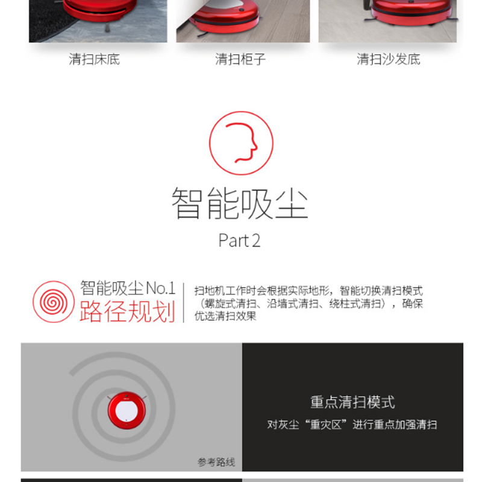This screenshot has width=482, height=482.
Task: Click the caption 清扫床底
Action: [95, 59]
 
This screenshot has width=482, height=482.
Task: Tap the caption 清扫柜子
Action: [240, 59]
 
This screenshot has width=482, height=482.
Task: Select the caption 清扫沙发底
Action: [388, 59]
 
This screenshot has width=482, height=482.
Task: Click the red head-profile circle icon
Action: [242, 143]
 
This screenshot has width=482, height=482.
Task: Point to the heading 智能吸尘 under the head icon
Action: [240, 203]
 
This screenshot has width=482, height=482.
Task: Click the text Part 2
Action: [239, 240]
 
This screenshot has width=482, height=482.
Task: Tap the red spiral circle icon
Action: [54, 302]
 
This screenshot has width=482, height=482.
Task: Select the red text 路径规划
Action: [128, 311]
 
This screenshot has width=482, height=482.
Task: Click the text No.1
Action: [160, 289]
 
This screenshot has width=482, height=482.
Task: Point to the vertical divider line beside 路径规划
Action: [184, 303]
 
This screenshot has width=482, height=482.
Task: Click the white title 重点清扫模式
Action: [352, 402]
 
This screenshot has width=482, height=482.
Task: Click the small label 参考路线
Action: [216, 462]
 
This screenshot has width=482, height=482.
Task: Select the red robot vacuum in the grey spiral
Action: [127, 411]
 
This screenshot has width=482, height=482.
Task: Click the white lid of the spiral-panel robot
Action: [127, 411]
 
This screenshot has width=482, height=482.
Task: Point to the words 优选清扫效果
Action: [225, 316]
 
